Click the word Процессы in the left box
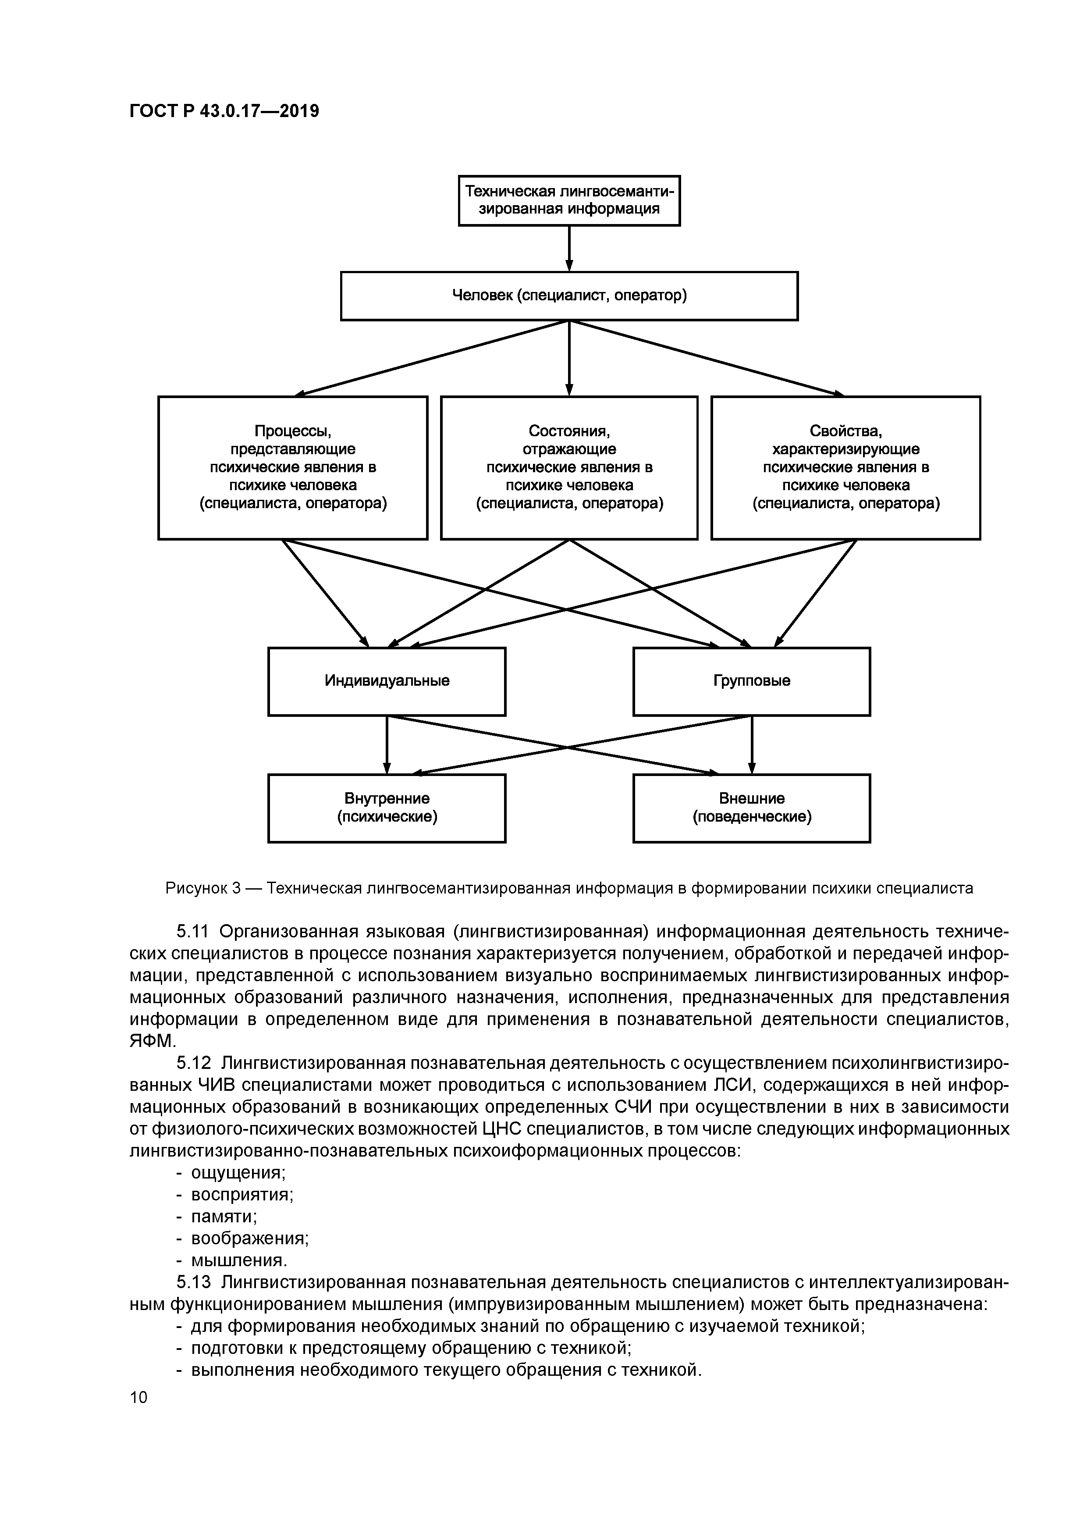coord(293,431)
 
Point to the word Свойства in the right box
coord(845,431)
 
